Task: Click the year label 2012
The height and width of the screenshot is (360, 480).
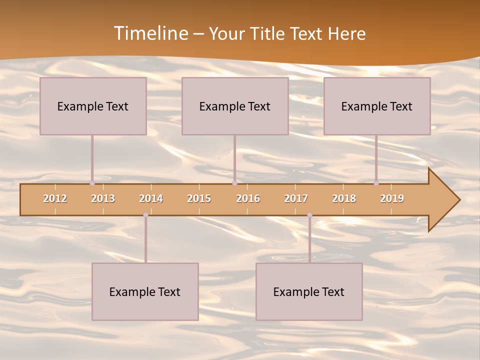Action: (55, 198)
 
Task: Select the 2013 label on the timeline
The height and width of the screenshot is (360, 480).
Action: (103, 198)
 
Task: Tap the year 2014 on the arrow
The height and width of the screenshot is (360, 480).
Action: (151, 198)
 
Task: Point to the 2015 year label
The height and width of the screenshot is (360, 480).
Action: (199, 198)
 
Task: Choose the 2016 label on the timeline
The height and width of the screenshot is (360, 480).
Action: (248, 198)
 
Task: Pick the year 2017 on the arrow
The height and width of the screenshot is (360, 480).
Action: (296, 198)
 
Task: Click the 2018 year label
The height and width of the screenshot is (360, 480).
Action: (344, 198)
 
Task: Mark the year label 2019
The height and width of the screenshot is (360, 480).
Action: (392, 198)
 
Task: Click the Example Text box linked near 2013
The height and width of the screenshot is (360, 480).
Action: (93, 106)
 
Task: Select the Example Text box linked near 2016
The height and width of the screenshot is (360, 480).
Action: (235, 106)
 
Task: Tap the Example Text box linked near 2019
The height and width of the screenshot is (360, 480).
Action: (377, 106)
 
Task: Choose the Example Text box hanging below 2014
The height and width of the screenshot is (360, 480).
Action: (145, 291)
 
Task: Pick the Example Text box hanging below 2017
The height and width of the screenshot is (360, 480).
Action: (309, 291)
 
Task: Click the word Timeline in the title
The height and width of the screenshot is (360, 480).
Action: (150, 33)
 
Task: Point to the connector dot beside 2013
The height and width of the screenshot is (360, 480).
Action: (92, 183)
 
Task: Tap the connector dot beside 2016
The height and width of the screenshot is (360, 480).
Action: (234, 183)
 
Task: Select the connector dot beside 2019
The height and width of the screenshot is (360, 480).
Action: (376, 183)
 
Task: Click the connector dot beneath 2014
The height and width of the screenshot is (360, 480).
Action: (145, 215)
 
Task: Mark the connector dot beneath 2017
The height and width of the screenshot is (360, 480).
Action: (309, 215)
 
